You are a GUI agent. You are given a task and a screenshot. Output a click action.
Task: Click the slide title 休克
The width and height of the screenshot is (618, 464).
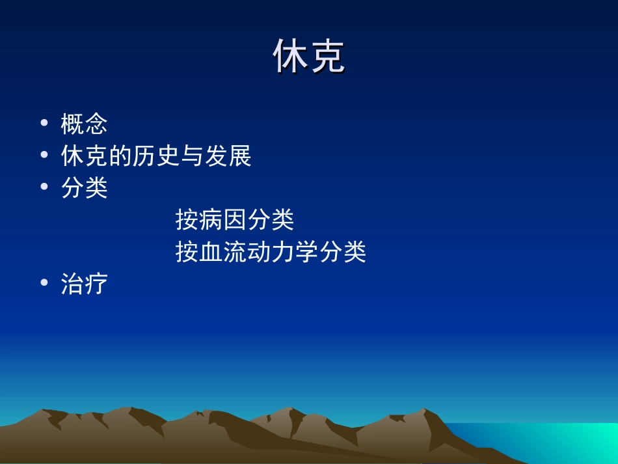(x=308, y=57)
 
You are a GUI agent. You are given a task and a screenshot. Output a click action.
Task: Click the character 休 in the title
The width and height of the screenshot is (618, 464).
(x=290, y=57)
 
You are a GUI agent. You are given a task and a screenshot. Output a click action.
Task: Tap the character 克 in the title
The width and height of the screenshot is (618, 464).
(x=327, y=57)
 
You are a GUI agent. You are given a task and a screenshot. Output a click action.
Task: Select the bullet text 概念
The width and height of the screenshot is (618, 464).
(x=85, y=124)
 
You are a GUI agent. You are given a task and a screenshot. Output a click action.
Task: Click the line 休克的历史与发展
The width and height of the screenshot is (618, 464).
(x=156, y=156)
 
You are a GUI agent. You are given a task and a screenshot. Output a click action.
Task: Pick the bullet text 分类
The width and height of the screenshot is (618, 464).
(x=85, y=189)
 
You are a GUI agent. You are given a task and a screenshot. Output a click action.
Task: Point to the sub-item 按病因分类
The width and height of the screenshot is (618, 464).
(x=235, y=220)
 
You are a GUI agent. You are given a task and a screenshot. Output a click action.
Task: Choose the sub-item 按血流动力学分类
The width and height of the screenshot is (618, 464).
(x=271, y=252)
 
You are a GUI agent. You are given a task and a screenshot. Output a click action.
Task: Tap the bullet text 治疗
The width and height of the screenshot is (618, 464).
(x=85, y=284)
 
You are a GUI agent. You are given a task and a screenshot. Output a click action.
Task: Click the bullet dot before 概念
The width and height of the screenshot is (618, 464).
(x=44, y=124)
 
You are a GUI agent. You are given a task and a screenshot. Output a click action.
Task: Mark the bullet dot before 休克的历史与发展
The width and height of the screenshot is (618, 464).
(x=44, y=156)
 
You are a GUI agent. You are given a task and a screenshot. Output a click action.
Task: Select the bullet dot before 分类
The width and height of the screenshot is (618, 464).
(x=44, y=189)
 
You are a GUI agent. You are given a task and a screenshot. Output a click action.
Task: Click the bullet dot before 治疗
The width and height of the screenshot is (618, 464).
(x=44, y=284)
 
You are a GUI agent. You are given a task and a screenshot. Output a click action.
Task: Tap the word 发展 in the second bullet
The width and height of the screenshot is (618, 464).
(x=228, y=156)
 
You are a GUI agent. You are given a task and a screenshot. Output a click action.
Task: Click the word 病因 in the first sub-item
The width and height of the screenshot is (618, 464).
(x=223, y=220)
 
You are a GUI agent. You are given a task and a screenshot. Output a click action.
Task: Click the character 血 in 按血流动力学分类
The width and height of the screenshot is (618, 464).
(x=211, y=252)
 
